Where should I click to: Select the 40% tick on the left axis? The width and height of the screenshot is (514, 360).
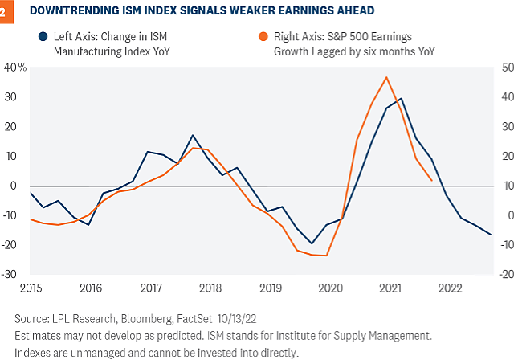(x=16, y=67)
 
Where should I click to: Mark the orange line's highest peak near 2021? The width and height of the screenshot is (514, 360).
(x=387, y=77)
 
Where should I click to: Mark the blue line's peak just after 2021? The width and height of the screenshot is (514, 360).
(x=401, y=99)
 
